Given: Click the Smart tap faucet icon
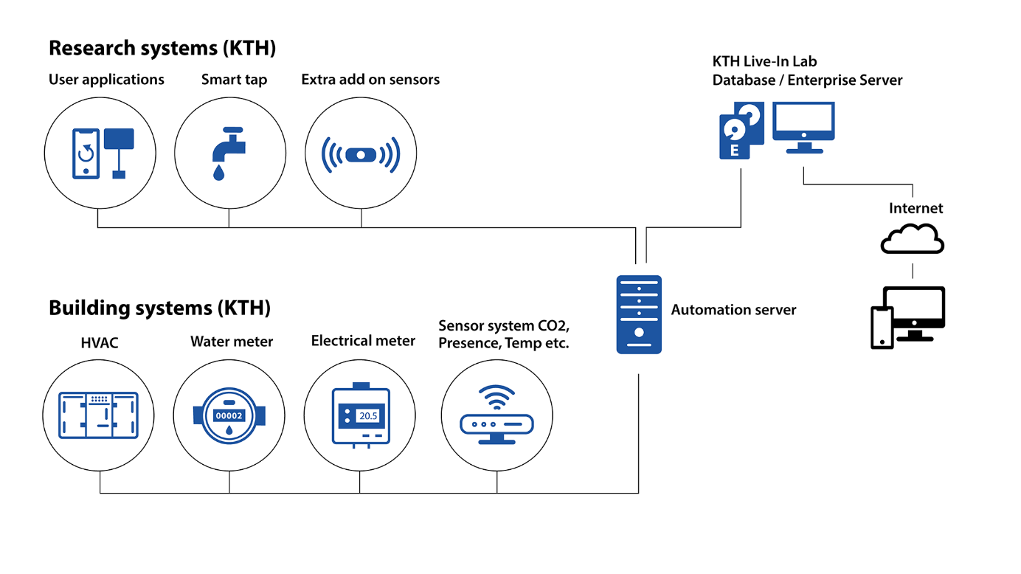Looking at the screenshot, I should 228,153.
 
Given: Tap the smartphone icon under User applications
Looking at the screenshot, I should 86,153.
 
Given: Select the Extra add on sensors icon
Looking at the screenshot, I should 361,155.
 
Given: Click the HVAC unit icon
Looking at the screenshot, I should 98,415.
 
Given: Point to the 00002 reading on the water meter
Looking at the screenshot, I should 229,415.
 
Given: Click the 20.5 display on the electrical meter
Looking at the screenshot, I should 367,416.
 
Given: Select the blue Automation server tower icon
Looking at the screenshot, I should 639,314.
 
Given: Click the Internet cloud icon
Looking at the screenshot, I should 913,241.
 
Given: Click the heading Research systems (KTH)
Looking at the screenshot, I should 162,49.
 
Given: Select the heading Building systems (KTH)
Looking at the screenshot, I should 159,308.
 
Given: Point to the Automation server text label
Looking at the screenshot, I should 733,310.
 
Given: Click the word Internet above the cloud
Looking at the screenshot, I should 916,208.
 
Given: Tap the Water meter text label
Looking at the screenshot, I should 232,342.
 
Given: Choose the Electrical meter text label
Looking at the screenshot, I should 363,341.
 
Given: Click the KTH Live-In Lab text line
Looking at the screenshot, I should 764,62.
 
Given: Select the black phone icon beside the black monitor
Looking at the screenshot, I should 882,327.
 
